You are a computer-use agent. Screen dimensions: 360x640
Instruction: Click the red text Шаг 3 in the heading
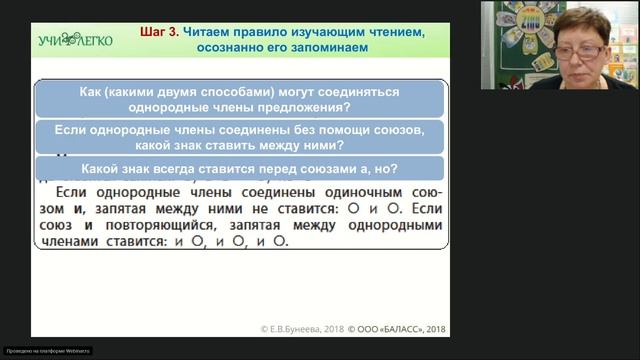(158, 32)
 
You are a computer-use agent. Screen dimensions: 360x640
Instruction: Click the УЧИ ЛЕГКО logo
(74, 40)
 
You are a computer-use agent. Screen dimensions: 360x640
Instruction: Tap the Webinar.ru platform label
(47, 350)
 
